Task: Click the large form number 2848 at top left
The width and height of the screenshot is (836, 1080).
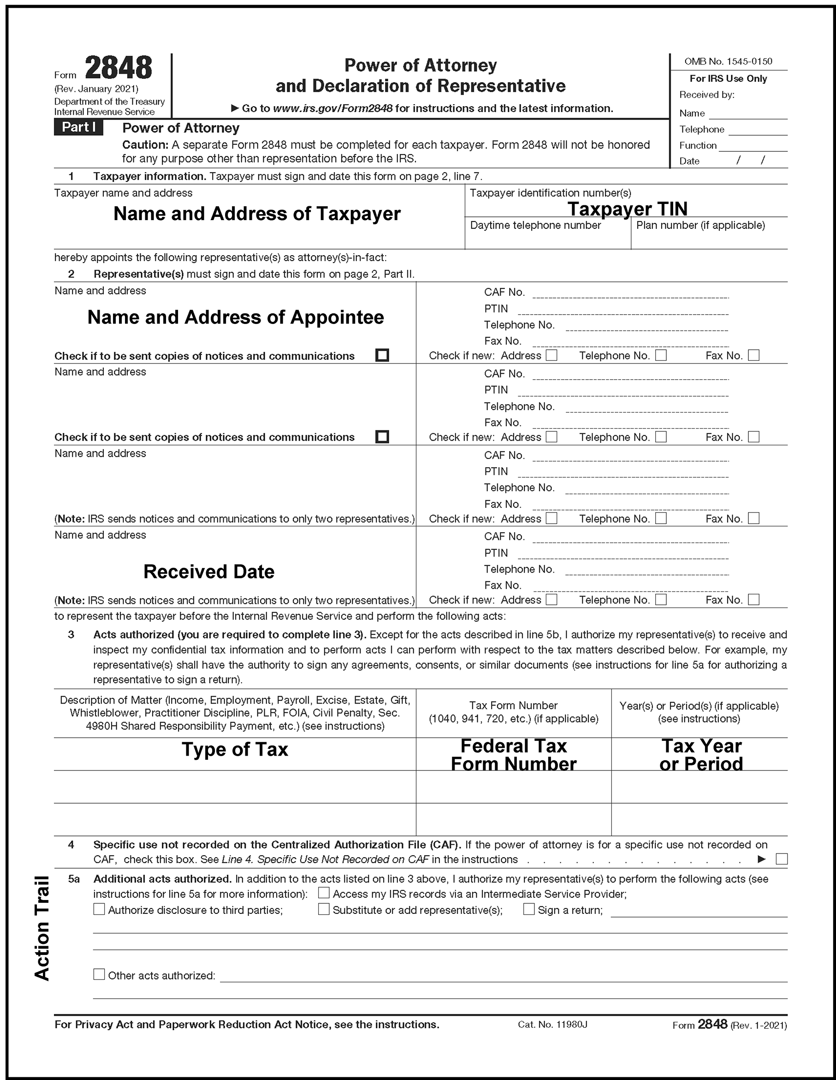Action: pyautogui.click(x=118, y=68)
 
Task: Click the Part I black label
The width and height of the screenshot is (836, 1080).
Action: pyautogui.click(x=78, y=128)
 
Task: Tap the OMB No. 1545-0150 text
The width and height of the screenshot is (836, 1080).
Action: pyautogui.click(x=728, y=61)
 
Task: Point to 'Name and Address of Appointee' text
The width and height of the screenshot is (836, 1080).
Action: pyautogui.click(x=235, y=317)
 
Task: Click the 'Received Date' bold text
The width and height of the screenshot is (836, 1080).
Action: pyautogui.click(x=208, y=572)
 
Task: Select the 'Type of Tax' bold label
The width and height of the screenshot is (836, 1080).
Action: pyautogui.click(x=235, y=749)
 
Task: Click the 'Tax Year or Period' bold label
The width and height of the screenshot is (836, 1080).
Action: pyautogui.click(x=701, y=755)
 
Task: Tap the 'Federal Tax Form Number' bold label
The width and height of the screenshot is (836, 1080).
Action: pyautogui.click(x=513, y=755)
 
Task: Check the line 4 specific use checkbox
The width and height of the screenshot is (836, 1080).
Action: pyautogui.click(x=782, y=859)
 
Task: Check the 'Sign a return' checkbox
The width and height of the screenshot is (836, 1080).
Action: pyautogui.click(x=528, y=909)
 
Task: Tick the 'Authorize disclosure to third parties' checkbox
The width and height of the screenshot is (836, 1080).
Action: pyautogui.click(x=99, y=909)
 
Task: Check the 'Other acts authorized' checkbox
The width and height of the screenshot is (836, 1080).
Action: pyautogui.click(x=99, y=974)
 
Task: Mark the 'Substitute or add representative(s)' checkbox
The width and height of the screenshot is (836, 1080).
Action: pyautogui.click(x=323, y=909)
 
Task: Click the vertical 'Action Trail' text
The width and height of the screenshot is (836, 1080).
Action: pyautogui.click(x=42, y=928)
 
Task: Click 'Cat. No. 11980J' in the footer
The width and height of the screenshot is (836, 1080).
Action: pyautogui.click(x=552, y=1024)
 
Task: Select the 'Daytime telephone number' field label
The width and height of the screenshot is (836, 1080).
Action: pyautogui.click(x=535, y=226)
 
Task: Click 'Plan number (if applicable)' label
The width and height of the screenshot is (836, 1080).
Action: pyautogui.click(x=700, y=226)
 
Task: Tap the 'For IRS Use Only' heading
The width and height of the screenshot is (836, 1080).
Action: pyautogui.click(x=728, y=78)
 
